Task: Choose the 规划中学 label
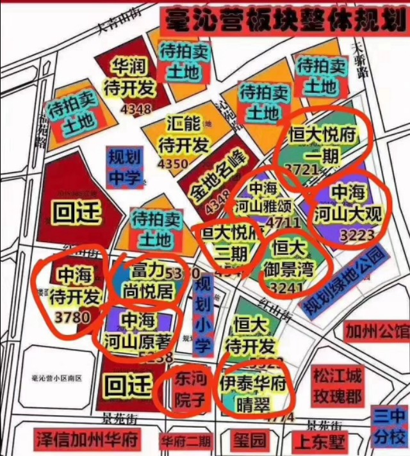pos(124,168)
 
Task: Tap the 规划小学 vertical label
pos(202,314)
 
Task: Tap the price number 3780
pos(74,318)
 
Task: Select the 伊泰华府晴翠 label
pos(250,393)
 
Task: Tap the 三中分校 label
pos(389,427)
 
